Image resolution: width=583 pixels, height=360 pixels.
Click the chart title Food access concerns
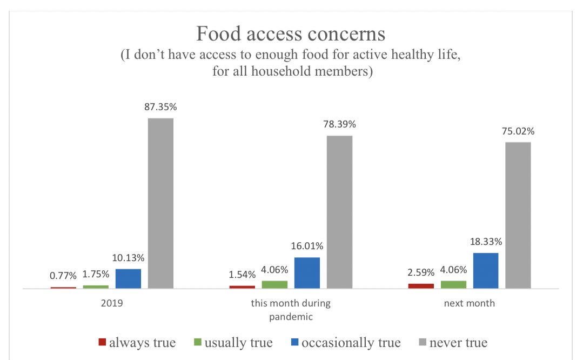tap(291, 34)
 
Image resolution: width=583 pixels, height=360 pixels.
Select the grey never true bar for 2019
tap(160, 203)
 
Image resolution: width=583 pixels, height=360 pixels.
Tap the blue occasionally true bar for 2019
tap(128, 278)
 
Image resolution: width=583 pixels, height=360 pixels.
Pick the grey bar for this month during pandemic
tap(339, 211)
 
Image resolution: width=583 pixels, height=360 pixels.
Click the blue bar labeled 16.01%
tap(307, 272)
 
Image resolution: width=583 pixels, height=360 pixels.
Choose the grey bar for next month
tap(518, 215)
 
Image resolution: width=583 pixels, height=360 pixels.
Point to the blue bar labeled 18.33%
tap(486, 270)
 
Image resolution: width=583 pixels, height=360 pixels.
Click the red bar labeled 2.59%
tap(421, 285)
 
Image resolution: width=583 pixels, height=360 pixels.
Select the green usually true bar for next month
tap(453, 284)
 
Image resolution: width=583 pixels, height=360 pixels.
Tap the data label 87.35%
tap(160, 107)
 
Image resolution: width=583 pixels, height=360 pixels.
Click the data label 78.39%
tap(339, 124)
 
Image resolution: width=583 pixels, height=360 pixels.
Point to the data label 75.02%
tap(518, 131)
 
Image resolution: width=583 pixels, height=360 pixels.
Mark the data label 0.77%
tap(63, 276)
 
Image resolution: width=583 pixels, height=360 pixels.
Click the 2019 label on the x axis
tap(112, 303)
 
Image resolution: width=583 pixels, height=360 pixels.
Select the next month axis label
tap(470, 303)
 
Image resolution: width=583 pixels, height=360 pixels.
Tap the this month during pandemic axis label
tap(291, 310)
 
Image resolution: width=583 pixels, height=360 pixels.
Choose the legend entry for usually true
tap(233, 343)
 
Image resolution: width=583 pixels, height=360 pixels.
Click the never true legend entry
tap(453, 343)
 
